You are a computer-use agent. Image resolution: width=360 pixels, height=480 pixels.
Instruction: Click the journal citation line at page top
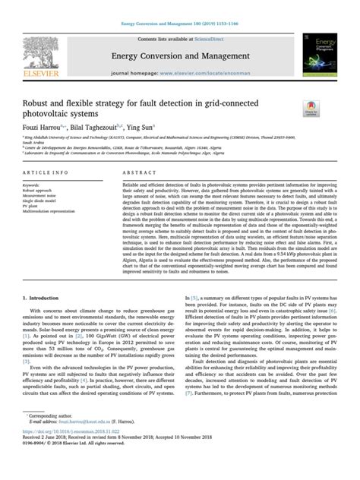tap(180, 25)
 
